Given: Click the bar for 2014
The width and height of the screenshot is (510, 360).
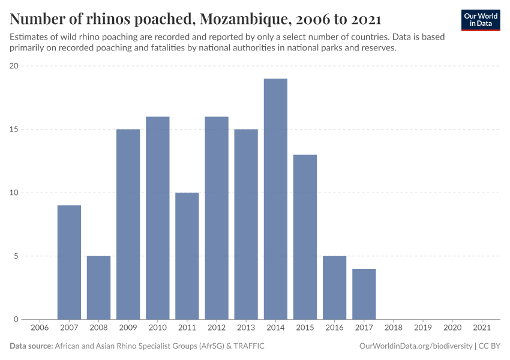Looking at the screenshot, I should click(275, 199).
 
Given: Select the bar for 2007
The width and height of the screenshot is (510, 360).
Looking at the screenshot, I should click(70, 262).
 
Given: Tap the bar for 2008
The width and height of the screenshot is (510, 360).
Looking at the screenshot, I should click(99, 287).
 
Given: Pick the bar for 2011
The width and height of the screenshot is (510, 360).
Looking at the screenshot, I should click(187, 256).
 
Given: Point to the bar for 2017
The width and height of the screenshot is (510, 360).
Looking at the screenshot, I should click(364, 294).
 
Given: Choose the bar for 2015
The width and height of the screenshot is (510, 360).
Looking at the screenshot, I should click(305, 237).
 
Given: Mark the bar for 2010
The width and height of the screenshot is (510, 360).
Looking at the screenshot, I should click(158, 218).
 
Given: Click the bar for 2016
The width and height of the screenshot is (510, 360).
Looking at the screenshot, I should click(334, 287).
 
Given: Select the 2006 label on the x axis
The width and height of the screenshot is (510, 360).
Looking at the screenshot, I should click(40, 328).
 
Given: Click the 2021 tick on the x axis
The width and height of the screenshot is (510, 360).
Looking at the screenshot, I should click(481, 328).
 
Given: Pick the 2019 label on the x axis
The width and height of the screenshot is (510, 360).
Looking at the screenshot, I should click(422, 328).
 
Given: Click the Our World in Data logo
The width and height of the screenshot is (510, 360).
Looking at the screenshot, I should click(480, 20).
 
